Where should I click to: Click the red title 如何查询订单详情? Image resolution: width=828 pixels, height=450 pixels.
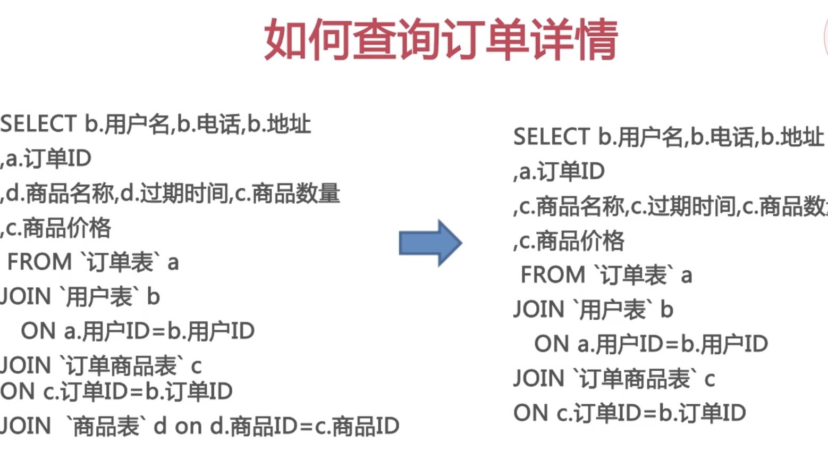point(441,39)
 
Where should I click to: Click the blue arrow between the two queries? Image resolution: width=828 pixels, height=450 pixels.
point(430,243)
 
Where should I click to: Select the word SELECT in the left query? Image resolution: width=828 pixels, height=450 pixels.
point(39,124)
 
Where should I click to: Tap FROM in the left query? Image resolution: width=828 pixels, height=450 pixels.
point(39,262)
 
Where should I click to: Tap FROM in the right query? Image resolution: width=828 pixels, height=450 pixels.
point(553,276)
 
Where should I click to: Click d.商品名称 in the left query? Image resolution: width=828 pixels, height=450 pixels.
point(59,193)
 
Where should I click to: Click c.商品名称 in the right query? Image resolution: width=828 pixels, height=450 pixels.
point(572,206)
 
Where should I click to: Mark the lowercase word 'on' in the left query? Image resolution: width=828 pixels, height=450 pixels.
point(188,427)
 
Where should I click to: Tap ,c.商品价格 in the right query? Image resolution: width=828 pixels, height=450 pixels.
point(569,241)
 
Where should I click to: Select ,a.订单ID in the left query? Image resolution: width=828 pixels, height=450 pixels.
point(47,159)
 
